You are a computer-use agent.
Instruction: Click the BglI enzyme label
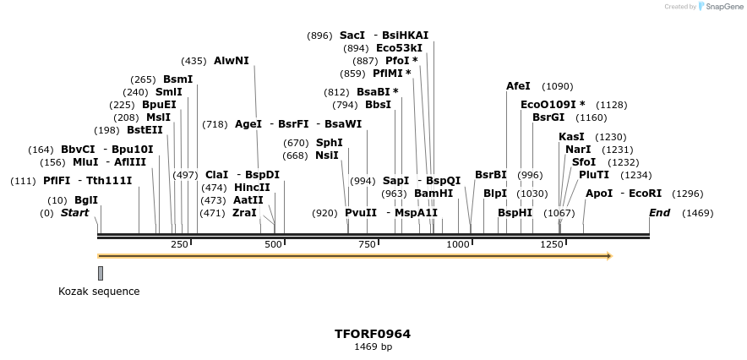[86, 200]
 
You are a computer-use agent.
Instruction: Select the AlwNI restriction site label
[231, 61]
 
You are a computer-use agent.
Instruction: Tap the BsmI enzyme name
[177, 79]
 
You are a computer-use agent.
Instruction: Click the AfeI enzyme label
[518, 86]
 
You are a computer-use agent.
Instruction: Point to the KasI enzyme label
[571, 137]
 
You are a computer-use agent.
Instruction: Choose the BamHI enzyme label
[433, 194]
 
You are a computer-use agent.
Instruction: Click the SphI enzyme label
[329, 143]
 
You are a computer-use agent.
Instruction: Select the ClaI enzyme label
[217, 175]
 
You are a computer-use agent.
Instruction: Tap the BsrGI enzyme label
[548, 117]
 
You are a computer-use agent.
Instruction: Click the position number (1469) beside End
[698, 213]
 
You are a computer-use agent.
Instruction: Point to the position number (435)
[194, 61]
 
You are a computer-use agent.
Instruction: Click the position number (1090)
[557, 86]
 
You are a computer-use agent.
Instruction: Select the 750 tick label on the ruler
[367, 244]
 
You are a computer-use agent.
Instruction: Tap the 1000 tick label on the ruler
[458, 244]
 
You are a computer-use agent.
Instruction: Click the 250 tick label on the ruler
[179, 244]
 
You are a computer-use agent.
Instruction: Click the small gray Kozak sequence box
[101, 273]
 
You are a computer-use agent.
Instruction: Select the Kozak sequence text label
[99, 292]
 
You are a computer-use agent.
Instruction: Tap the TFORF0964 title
[373, 334]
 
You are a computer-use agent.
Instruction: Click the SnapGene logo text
[719, 7]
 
